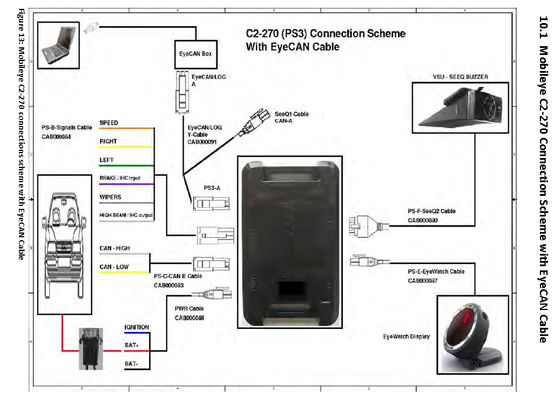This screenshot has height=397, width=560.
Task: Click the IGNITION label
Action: tap(136, 326)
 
